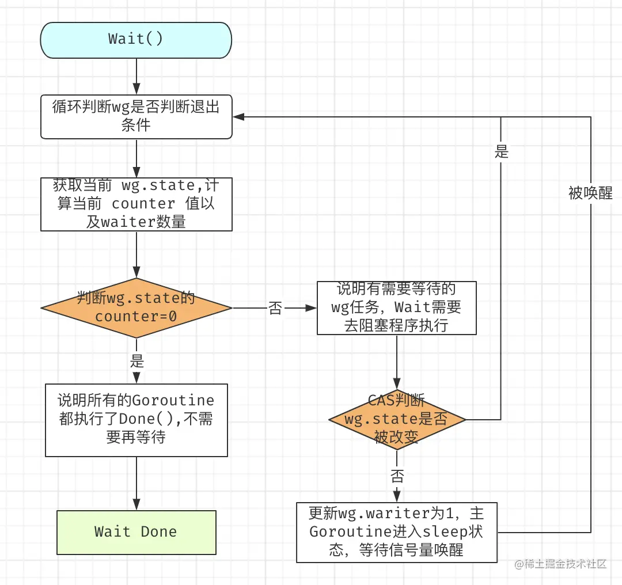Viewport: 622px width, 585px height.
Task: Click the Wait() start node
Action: tap(136, 39)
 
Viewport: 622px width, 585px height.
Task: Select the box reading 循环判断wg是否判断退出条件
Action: tap(136, 116)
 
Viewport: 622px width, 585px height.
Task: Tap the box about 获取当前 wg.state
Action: tap(136, 204)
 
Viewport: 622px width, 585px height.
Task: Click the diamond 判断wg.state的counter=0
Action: tap(136, 307)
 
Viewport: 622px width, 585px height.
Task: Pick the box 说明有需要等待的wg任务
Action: tap(396, 307)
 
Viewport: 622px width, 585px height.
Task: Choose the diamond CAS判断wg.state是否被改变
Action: tap(396, 419)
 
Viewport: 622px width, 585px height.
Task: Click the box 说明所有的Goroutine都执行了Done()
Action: tap(136, 419)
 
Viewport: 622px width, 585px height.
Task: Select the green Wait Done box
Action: tap(136, 531)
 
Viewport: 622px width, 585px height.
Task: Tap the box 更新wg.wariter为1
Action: tap(396, 532)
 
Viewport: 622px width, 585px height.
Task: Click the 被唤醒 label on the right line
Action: tap(590, 193)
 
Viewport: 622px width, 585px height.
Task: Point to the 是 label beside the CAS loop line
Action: tap(501, 152)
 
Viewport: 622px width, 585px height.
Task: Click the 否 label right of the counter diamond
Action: tap(275, 308)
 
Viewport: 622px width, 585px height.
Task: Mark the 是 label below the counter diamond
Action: tap(136, 362)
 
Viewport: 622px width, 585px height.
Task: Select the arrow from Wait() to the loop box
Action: tap(136, 76)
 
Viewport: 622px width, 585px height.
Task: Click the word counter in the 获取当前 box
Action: tap(143, 204)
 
